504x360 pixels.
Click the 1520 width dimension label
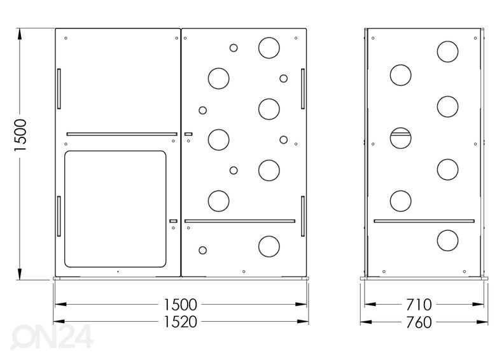pos(180,322)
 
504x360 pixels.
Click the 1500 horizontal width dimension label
pos(180,305)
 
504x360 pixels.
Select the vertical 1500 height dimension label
pos(20,135)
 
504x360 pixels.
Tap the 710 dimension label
pos(419,305)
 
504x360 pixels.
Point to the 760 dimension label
pos(419,322)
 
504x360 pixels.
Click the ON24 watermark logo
pos(52,336)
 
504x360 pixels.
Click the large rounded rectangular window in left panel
pos(115,209)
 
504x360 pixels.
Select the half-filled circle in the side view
pos(400,138)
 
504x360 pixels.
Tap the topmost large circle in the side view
pos(447,52)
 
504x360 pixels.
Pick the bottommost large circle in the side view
pos(447,240)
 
